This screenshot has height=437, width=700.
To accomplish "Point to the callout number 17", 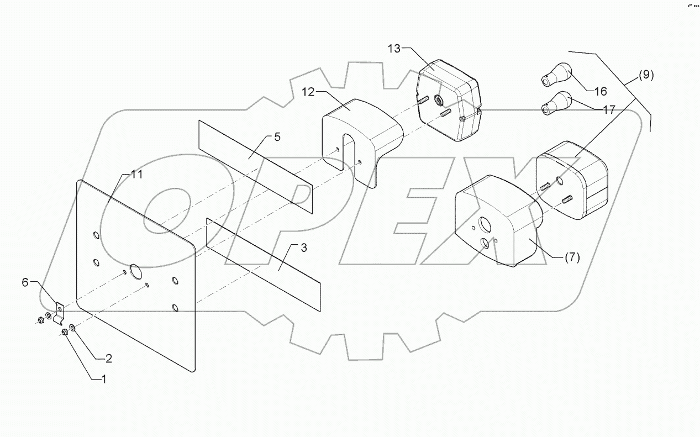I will [x=609, y=110].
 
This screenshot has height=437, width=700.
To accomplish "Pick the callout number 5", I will [x=277, y=137].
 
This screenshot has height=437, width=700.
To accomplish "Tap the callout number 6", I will [x=24, y=282].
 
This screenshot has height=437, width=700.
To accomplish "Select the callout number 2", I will [x=108, y=359].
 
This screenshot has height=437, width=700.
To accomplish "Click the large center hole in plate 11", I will [x=135, y=270].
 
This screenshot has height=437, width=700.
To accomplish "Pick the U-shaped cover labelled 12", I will [x=359, y=133].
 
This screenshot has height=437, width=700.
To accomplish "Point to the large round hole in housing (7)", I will [x=485, y=224].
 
